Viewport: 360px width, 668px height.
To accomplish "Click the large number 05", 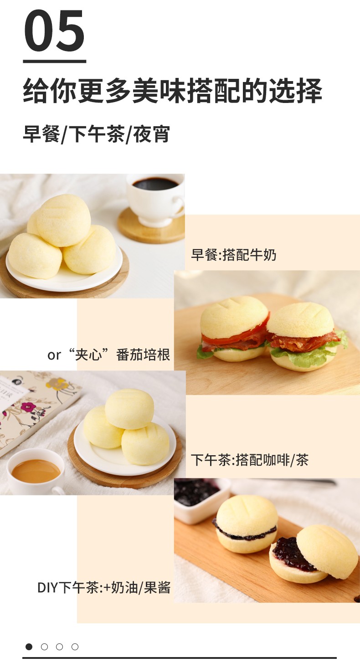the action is point(54,30).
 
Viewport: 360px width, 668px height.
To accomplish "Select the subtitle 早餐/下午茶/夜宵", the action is point(96,134).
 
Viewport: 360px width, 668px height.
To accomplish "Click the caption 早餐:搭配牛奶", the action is point(233,255).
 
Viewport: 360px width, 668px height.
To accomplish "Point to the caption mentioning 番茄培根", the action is point(109,355).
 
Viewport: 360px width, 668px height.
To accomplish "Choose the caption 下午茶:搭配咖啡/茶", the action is point(250,460).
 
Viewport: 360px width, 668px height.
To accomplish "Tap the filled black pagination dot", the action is point(29,647).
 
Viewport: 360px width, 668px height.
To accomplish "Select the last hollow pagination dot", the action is point(75,647).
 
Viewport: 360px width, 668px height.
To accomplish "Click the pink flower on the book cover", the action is point(29,407).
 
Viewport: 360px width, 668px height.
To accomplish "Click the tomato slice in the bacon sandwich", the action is point(236,334).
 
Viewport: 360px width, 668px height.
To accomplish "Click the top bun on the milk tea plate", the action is point(129,409).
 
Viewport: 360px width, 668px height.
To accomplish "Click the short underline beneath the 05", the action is point(55,62).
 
